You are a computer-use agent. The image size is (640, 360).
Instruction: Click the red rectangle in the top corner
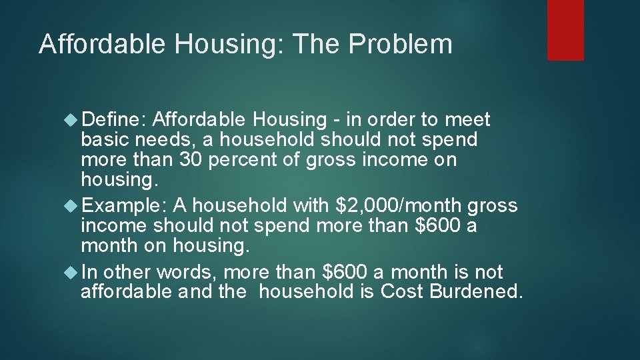click(565, 30)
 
